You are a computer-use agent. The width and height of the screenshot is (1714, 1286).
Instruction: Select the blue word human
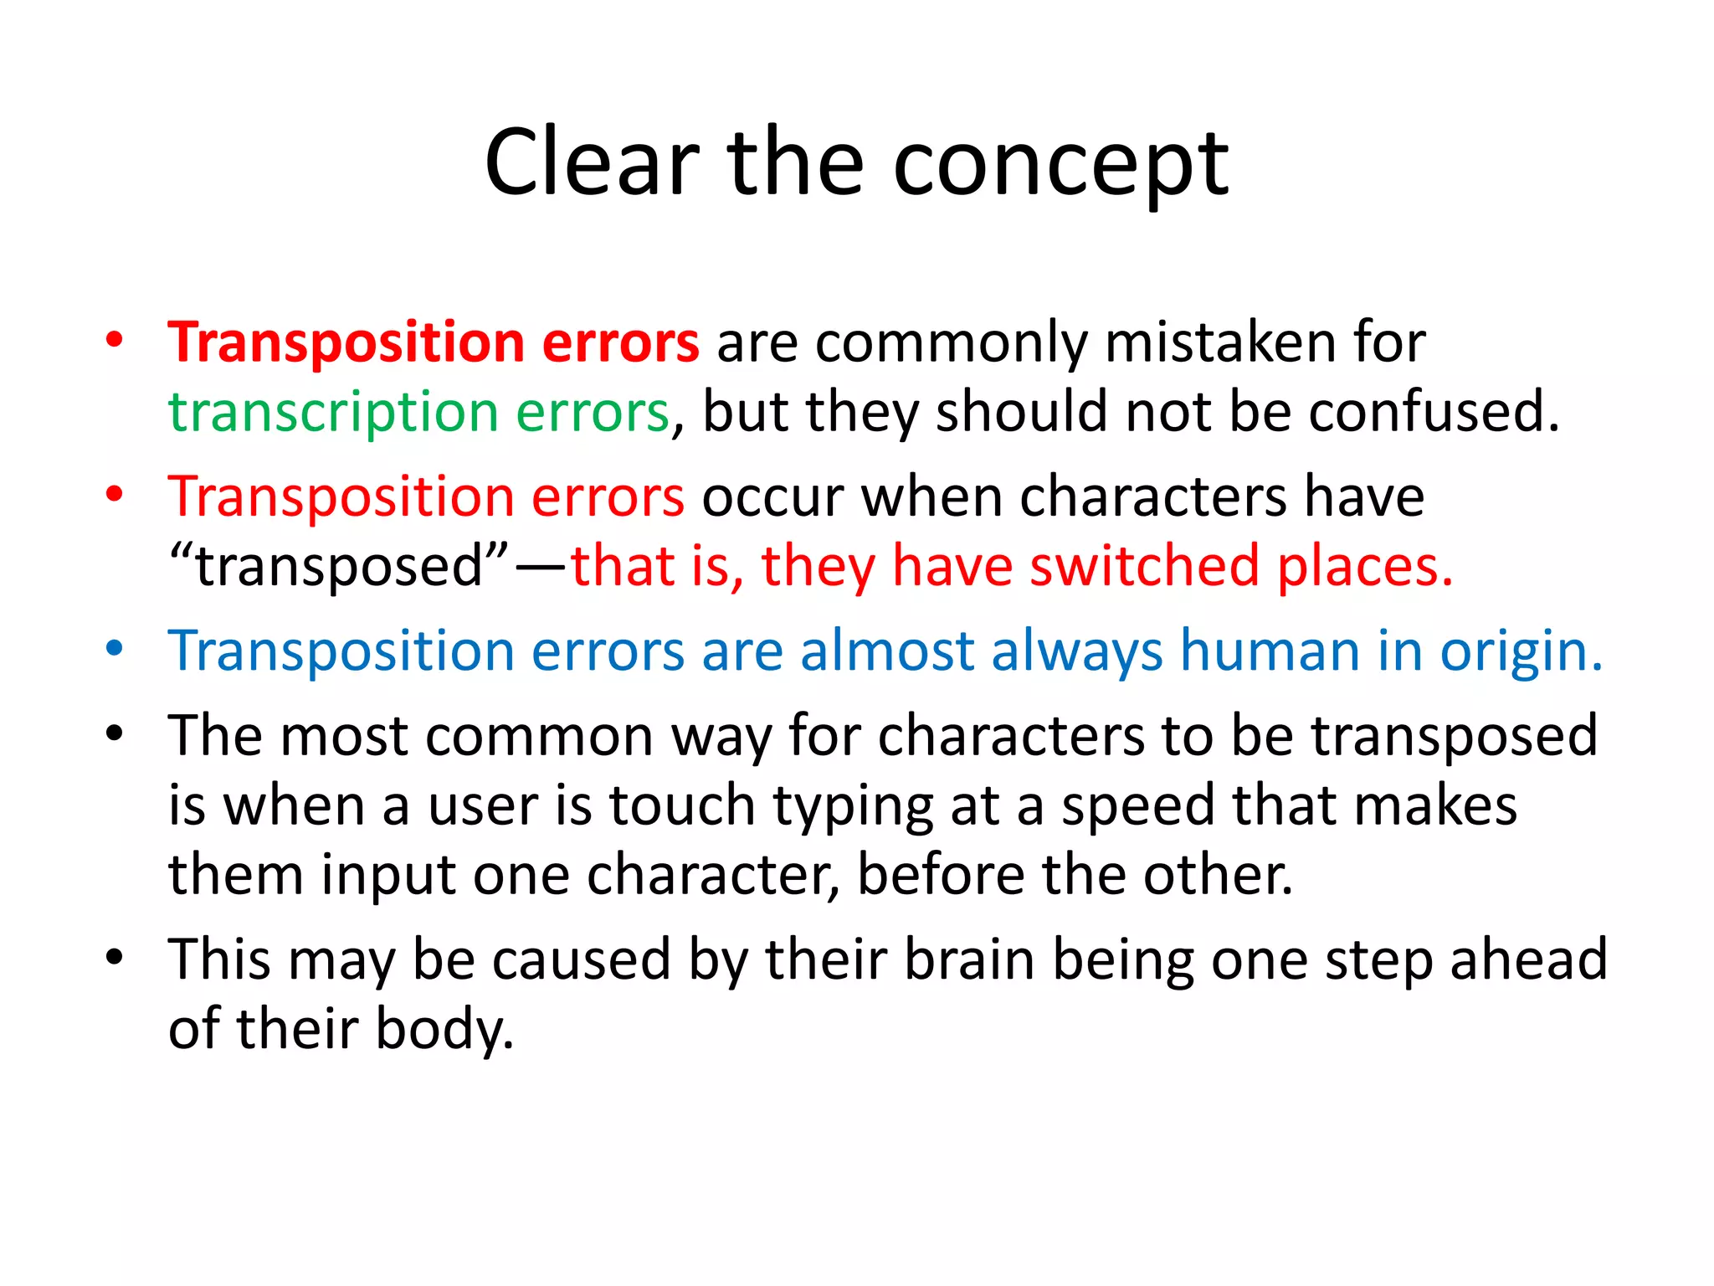coord(1270,651)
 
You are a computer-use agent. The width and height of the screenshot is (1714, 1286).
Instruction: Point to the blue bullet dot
coord(115,649)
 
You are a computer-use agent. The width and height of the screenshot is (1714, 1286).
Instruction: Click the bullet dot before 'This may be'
coord(115,957)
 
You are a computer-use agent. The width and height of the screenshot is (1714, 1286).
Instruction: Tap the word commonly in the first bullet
coord(951,343)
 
